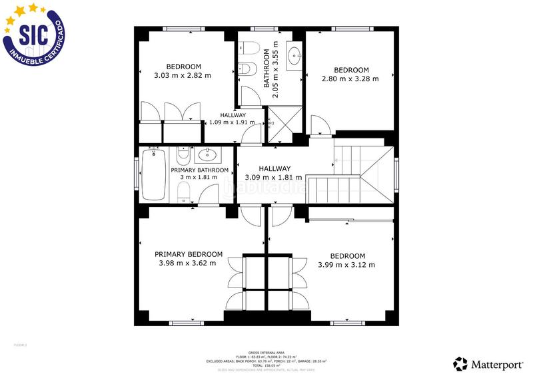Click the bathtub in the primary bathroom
click(157, 174)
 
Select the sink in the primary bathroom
click(207, 156)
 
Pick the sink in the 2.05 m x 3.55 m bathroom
click(294, 57)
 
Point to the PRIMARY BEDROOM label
click(189, 254)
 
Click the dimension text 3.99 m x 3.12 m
click(346, 265)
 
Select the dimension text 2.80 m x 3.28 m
click(350, 79)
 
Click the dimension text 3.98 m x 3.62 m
click(188, 263)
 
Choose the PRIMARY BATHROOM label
click(200, 170)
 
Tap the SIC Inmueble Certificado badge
click(33, 33)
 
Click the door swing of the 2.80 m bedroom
click(319, 124)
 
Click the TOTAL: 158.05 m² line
click(266, 365)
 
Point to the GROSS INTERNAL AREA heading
click(266, 352)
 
